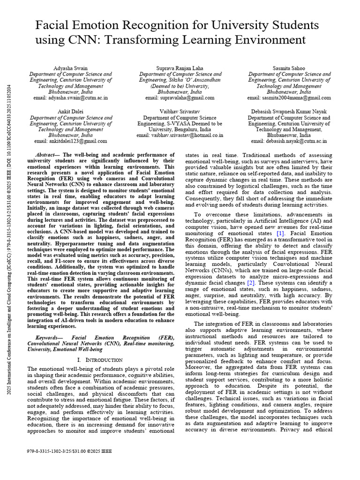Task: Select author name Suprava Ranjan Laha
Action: (x=180, y=68)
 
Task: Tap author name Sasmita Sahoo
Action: (x=289, y=68)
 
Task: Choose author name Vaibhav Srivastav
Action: (x=180, y=112)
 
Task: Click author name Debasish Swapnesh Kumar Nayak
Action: (x=289, y=112)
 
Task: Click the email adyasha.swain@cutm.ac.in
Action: (x=71, y=98)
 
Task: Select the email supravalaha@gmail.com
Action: (x=180, y=98)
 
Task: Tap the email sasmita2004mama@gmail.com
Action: (x=289, y=98)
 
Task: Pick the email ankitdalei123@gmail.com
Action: (x=71, y=141)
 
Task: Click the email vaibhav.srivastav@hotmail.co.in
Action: (x=180, y=135)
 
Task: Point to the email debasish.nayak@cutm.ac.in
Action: (x=289, y=141)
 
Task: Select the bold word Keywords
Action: (x=49, y=337)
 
